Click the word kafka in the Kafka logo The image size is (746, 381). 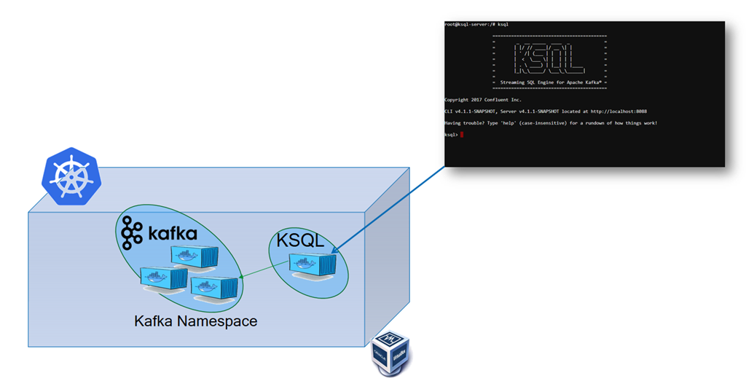click(x=173, y=234)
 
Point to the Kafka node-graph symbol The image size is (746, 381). click(x=133, y=233)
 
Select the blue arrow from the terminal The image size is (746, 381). click(x=390, y=209)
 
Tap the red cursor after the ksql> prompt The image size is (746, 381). click(x=462, y=135)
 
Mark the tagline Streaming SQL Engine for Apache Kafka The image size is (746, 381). click(x=550, y=83)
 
